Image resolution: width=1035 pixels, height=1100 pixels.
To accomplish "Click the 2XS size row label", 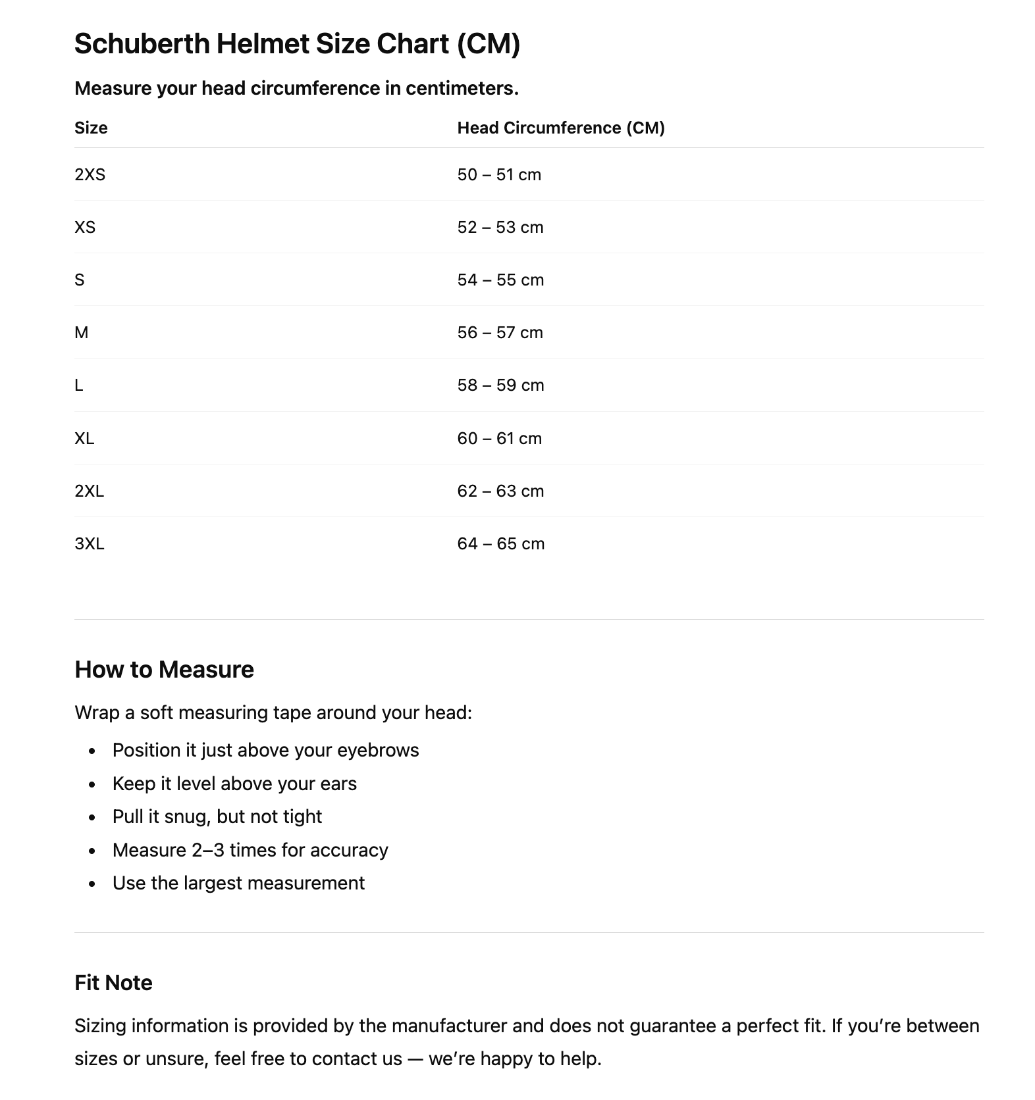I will click(x=90, y=174).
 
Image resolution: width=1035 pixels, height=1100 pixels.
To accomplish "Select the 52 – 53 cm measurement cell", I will click(x=500, y=227).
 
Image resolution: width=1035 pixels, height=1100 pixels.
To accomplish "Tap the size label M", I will click(x=81, y=332).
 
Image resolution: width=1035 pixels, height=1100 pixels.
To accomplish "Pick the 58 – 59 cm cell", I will click(x=500, y=385).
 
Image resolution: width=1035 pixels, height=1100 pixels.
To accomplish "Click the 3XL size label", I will click(x=90, y=543).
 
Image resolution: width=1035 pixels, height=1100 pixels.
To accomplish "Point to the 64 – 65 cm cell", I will click(x=500, y=543).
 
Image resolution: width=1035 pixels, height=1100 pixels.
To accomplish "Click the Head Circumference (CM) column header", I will click(x=561, y=128).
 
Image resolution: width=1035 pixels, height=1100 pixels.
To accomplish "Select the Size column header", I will click(x=91, y=128).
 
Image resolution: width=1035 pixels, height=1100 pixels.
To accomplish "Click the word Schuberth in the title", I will click(x=142, y=44).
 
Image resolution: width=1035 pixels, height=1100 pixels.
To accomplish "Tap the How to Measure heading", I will click(x=164, y=669).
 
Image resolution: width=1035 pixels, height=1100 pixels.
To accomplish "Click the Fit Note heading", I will click(x=113, y=982).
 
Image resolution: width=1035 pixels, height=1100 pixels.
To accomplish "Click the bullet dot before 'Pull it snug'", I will click(x=92, y=818).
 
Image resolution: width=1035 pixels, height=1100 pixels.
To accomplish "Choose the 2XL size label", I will click(x=89, y=491).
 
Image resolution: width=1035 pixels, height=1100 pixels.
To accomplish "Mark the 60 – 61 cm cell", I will click(x=499, y=438).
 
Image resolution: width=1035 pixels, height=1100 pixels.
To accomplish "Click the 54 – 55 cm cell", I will click(x=500, y=280).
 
